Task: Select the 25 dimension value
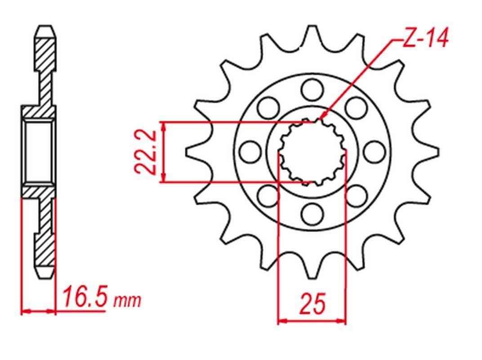point(312,305)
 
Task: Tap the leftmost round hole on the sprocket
point(249,152)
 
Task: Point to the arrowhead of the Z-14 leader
point(323,118)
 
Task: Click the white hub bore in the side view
point(38,152)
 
